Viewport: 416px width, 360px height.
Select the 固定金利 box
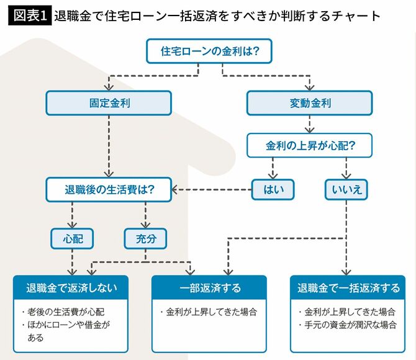(109, 103)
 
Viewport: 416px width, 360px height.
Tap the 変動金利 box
(309, 103)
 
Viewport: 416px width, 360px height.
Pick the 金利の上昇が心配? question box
(310, 146)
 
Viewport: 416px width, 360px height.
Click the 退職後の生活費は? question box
(109, 190)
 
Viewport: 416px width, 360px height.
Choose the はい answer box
(272, 190)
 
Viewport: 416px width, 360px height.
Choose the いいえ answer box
(345, 190)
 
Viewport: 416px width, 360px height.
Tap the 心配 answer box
(72, 237)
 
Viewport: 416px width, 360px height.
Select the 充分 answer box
(145, 237)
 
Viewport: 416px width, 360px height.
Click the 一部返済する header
(209, 288)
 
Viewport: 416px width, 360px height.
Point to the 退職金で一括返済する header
(348, 288)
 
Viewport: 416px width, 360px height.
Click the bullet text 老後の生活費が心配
(65, 312)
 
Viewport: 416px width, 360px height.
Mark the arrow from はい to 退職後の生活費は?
(211, 190)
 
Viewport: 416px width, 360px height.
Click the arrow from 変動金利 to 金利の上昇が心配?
(309, 125)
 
